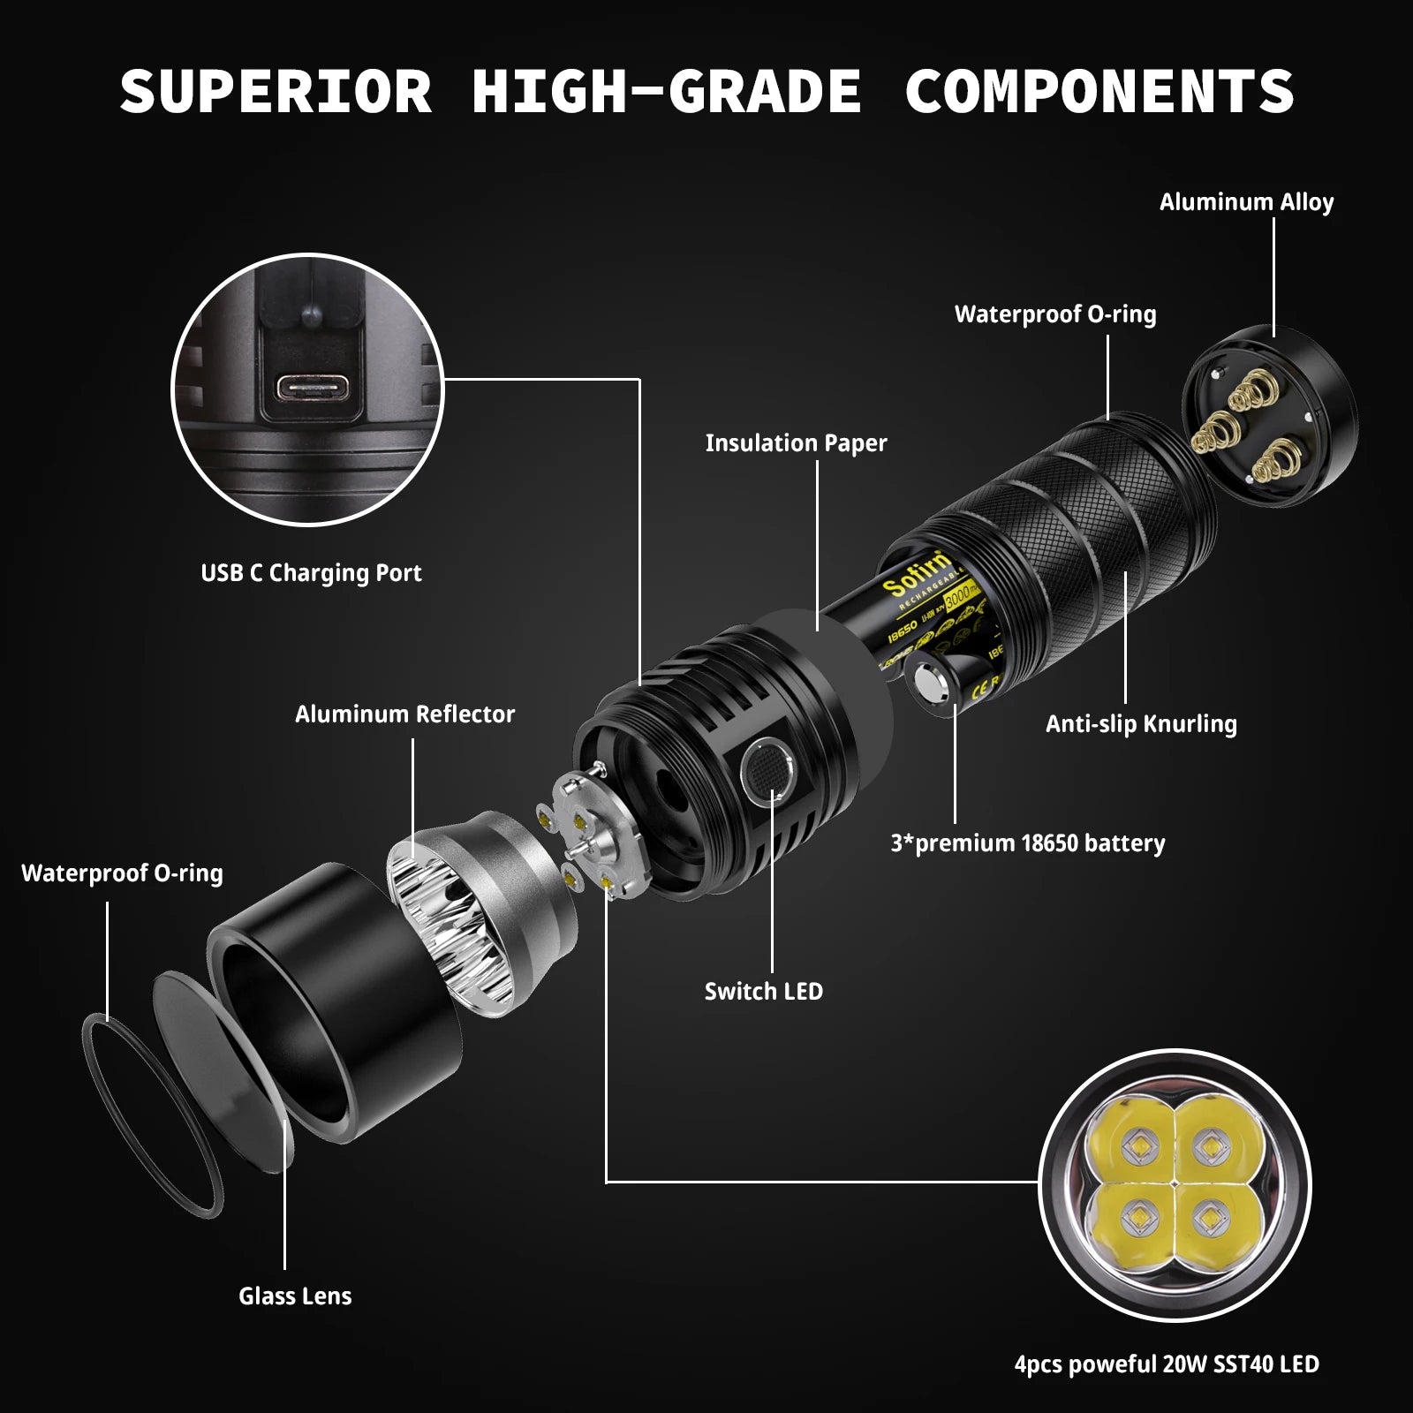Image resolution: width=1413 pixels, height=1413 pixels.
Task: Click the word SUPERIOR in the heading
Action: (x=276, y=91)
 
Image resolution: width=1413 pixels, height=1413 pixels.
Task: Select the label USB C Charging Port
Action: (x=311, y=573)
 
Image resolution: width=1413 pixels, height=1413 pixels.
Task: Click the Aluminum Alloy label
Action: (x=1246, y=202)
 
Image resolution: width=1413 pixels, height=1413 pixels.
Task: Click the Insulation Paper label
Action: (x=796, y=443)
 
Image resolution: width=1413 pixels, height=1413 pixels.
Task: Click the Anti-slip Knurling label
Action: (x=1141, y=724)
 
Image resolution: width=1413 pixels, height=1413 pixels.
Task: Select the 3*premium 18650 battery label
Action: (x=1027, y=843)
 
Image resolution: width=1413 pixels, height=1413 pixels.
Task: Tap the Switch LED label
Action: (x=763, y=992)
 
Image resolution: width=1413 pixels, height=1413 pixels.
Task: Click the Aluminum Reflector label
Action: (x=404, y=714)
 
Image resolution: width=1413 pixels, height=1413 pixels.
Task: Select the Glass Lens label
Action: (x=295, y=1296)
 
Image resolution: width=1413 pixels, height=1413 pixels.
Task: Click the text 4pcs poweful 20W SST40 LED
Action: (x=1167, y=1364)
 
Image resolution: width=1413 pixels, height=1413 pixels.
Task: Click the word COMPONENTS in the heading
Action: (x=1099, y=91)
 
